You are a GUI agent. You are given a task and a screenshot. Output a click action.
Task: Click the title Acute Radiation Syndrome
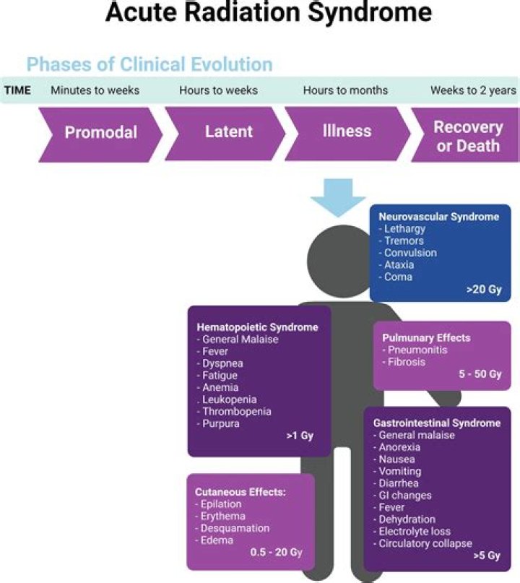(x=269, y=14)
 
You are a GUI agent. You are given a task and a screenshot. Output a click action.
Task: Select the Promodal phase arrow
(x=101, y=133)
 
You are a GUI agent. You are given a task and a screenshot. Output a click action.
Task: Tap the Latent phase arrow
(x=228, y=133)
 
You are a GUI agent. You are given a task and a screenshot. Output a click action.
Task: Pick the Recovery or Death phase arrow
(x=467, y=136)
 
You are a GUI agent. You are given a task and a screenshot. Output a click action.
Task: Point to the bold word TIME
(x=17, y=91)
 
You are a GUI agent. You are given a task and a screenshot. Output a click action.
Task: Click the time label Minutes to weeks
(x=95, y=91)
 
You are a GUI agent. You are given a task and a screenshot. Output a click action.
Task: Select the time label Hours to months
(x=345, y=91)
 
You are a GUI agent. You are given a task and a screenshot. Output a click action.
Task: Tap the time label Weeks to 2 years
(x=473, y=91)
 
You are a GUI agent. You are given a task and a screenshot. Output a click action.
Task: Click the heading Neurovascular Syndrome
(x=439, y=217)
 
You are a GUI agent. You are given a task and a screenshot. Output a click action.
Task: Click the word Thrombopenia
(x=237, y=411)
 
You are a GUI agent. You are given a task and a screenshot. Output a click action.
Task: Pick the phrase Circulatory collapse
(x=425, y=543)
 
